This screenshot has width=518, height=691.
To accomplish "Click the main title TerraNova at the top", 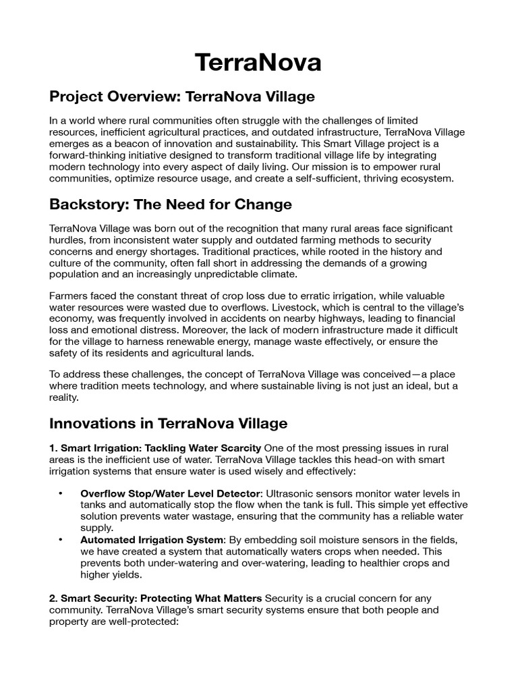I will [x=258, y=62].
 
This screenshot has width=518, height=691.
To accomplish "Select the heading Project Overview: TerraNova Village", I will [x=182, y=96].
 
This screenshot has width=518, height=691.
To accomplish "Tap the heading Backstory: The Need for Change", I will [x=170, y=204].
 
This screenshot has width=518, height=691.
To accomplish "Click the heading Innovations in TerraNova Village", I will [x=169, y=423].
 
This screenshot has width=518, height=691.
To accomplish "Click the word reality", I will [x=65, y=397].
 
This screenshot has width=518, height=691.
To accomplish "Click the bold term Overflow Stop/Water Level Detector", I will [x=166, y=495].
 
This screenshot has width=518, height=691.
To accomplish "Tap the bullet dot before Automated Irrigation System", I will [x=61, y=540].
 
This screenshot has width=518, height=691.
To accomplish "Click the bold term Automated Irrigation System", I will [x=151, y=540].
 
